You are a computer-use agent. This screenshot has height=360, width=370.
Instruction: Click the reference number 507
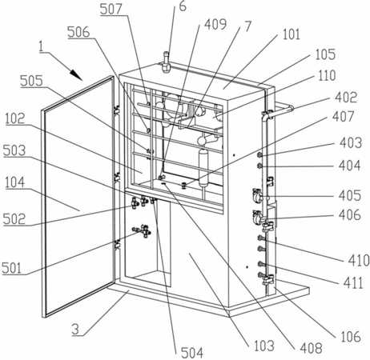pyautogui.click(x=111, y=9)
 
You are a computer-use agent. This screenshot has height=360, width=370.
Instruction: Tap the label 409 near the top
pyautogui.click(x=215, y=24)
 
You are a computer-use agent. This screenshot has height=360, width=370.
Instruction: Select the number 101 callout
pyautogui.click(x=291, y=34)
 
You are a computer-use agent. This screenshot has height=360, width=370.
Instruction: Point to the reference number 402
pyautogui.click(x=346, y=97)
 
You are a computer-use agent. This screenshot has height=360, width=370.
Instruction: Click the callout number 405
pyautogui.click(x=350, y=195)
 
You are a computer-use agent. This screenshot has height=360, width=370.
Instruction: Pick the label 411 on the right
pyautogui.click(x=353, y=282)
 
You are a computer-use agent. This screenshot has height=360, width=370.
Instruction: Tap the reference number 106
pyautogui.click(x=351, y=337)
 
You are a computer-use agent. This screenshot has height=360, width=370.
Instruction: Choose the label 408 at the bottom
pyautogui.click(x=311, y=348)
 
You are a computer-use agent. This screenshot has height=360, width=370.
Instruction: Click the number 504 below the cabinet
pyautogui.click(x=192, y=353)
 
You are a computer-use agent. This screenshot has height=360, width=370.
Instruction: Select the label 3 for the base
pyautogui.click(x=76, y=330)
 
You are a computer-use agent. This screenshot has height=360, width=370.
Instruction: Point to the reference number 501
pyautogui.click(x=11, y=268)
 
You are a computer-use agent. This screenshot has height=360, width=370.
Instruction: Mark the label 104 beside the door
pyautogui.click(x=14, y=182)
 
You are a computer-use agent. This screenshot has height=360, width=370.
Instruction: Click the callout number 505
pyautogui.click(x=31, y=81)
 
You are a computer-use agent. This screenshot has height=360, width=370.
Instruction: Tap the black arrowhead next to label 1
pyautogui.click(x=76, y=74)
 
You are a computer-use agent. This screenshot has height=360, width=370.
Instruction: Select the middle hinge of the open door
pyautogui.click(x=117, y=178)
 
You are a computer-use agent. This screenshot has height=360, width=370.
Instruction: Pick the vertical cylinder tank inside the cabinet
pyautogui.click(x=204, y=168)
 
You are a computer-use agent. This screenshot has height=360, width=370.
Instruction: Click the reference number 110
pyautogui.click(x=327, y=75)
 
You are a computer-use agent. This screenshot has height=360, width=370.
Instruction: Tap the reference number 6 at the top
pyautogui.click(x=183, y=6)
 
